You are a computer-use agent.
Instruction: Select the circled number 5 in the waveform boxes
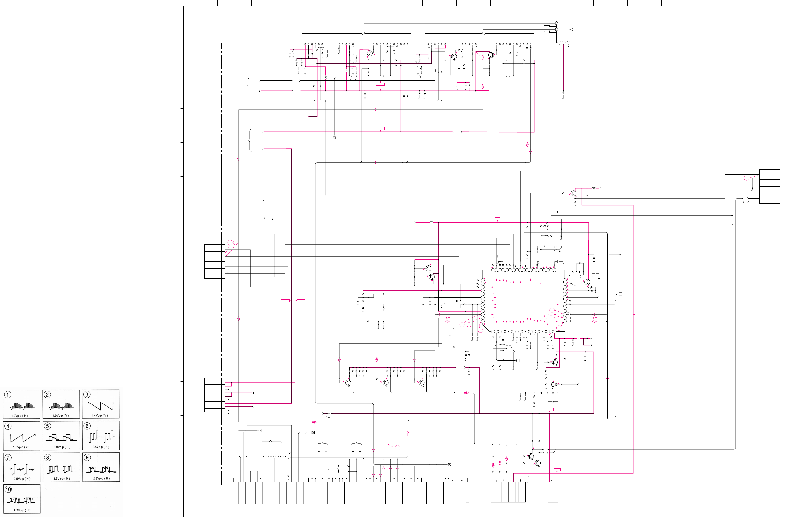click(47, 426)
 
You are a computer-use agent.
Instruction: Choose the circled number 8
click(47, 457)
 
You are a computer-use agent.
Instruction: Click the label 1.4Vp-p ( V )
click(100, 416)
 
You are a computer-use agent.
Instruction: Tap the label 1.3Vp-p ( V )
click(21, 447)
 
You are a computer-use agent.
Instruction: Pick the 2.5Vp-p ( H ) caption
click(22, 510)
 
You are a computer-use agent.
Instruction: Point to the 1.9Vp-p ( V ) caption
click(61, 416)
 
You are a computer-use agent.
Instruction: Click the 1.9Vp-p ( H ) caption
click(20, 416)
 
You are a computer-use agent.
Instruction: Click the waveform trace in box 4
click(23, 438)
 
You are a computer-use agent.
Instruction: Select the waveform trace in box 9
click(101, 470)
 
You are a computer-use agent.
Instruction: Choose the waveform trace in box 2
click(61, 405)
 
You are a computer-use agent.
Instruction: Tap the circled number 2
click(47, 395)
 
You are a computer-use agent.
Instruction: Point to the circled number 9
click(87, 457)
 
